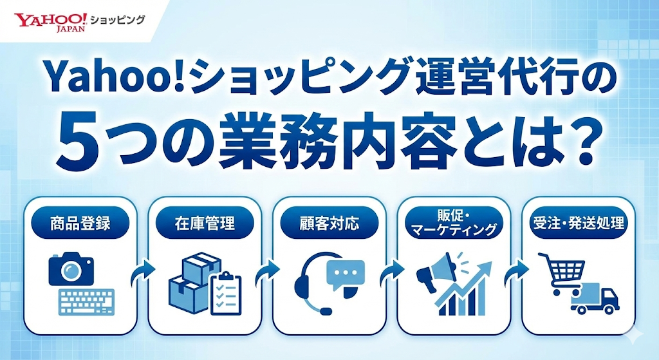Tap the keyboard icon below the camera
click(x=86, y=300)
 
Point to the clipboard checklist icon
click(x=225, y=293)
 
